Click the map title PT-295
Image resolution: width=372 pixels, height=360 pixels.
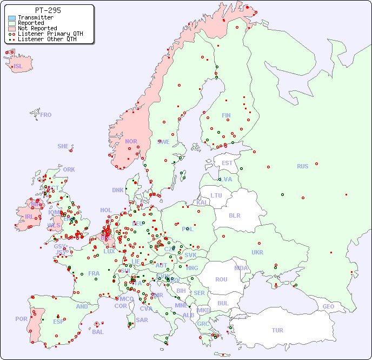point(48,10)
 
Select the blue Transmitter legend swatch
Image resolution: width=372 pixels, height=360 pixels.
point(12,18)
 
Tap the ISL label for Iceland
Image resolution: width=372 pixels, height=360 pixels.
point(18,67)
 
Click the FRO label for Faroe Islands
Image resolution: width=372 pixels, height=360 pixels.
point(45,115)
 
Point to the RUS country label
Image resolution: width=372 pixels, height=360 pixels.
point(302,166)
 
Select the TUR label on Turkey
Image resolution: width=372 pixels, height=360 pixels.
point(277,330)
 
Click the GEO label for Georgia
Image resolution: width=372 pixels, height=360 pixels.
point(328,306)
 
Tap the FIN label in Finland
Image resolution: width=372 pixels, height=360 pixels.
point(226,115)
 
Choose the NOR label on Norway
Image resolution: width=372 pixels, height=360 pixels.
point(131,141)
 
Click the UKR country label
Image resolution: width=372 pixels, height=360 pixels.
point(257,252)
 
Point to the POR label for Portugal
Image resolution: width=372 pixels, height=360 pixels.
point(21,319)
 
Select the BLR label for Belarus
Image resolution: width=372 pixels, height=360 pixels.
point(234,215)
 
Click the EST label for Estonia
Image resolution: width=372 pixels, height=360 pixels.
point(227,163)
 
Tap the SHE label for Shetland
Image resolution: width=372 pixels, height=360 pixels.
point(63,146)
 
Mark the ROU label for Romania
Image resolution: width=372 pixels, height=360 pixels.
point(221,279)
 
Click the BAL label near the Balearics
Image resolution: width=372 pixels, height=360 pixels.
point(97,332)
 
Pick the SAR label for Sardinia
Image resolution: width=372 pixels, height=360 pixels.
point(142,320)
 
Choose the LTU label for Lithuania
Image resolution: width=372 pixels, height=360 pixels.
point(216,195)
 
